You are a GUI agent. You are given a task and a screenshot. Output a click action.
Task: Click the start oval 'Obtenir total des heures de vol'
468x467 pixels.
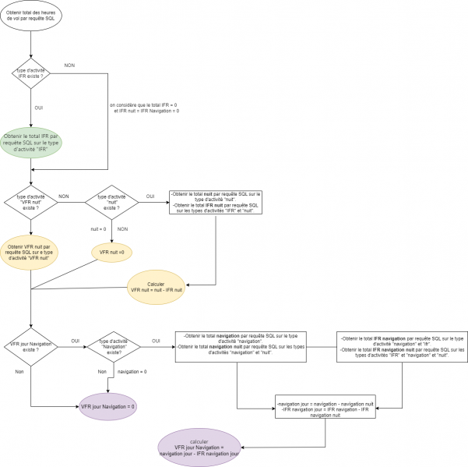30,16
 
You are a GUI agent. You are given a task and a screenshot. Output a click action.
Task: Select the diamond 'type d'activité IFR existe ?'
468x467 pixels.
31,74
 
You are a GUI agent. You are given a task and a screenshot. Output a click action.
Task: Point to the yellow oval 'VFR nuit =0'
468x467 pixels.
112,252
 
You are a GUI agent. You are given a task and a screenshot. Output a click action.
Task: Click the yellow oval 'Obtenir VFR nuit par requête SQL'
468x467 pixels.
30,253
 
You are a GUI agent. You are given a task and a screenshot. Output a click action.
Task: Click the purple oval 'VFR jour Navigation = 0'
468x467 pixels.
108,406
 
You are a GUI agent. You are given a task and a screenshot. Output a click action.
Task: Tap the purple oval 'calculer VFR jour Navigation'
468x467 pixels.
199,447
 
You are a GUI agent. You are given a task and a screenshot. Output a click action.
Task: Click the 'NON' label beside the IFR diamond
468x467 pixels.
69,65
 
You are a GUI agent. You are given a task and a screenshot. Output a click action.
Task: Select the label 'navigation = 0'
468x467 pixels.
132,372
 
